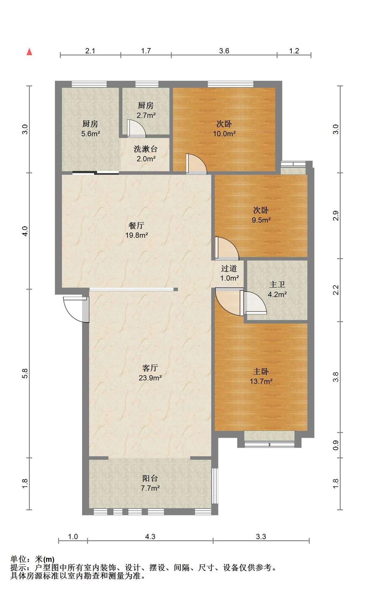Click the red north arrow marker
pyautogui.click(x=29, y=52)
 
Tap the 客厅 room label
pyautogui.click(x=150, y=368)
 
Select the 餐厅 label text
pyautogui.click(x=136, y=225)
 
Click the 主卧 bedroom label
pyautogui.click(x=261, y=372)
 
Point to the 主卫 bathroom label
pyautogui.click(x=277, y=285)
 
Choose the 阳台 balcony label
pyautogui.click(x=150, y=478)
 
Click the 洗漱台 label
pyautogui.click(x=146, y=149)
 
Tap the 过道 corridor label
pyautogui.click(x=229, y=269)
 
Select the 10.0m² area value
pyautogui.click(x=224, y=134)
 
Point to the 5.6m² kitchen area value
pyautogui.click(x=90, y=134)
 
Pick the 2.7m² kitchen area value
pyautogui.click(x=146, y=115)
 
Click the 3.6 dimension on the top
pyautogui.click(x=224, y=51)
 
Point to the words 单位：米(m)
pyautogui.click(x=32, y=559)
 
